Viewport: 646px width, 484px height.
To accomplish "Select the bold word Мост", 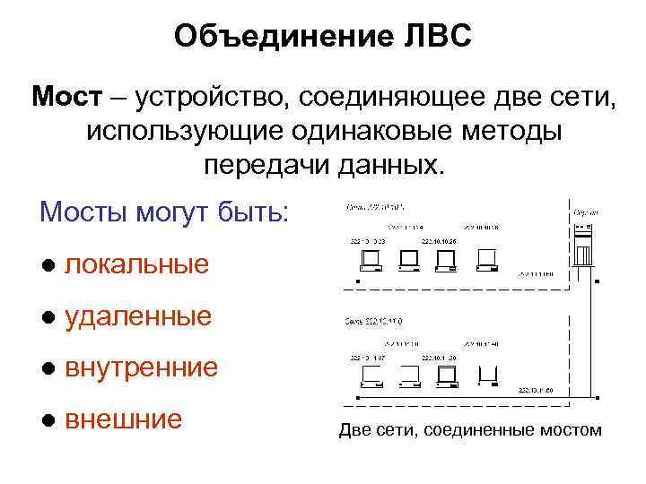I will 63,95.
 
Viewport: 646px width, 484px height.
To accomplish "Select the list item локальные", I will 137,264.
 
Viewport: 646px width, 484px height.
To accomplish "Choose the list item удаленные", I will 138,315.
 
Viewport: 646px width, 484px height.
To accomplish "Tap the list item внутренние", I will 142,367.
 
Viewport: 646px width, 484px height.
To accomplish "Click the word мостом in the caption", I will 570,430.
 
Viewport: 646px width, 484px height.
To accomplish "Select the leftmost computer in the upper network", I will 369,260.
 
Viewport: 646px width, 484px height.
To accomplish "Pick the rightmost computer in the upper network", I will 488,260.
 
